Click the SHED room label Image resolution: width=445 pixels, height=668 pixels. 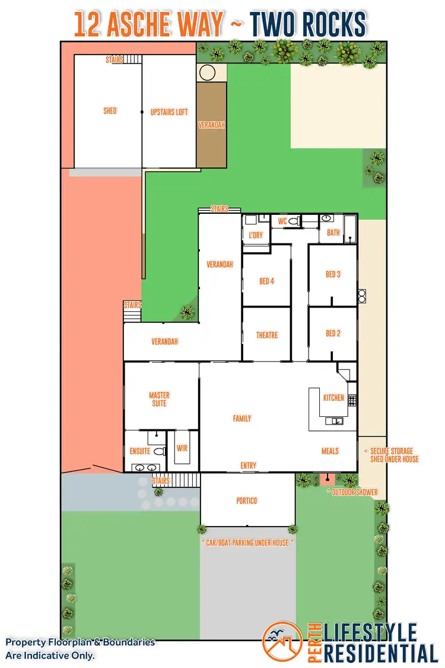point(110,111)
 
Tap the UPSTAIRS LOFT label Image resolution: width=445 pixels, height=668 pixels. point(169,112)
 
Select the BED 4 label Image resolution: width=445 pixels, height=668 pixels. point(267,281)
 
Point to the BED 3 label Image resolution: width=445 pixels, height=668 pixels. point(333,274)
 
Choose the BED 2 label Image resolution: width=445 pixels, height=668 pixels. point(333,334)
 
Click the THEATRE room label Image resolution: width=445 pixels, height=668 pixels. point(267,335)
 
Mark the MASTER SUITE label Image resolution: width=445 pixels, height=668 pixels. point(159,400)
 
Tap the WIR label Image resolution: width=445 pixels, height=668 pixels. point(182,448)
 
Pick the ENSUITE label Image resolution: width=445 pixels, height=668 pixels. point(140,451)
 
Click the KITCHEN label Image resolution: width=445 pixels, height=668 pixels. point(333,398)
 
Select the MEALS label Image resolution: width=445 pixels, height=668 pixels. point(330,451)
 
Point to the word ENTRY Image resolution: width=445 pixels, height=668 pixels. point(249,466)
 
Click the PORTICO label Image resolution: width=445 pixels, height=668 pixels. point(247,501)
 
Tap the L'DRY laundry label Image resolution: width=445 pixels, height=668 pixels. point(256,235)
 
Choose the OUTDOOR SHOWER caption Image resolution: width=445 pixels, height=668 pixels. point(352,492)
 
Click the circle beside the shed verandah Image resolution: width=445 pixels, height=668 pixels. point(208,73)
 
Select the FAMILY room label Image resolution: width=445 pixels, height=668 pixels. point(242,419)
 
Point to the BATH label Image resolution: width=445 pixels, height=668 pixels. point(333,233)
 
